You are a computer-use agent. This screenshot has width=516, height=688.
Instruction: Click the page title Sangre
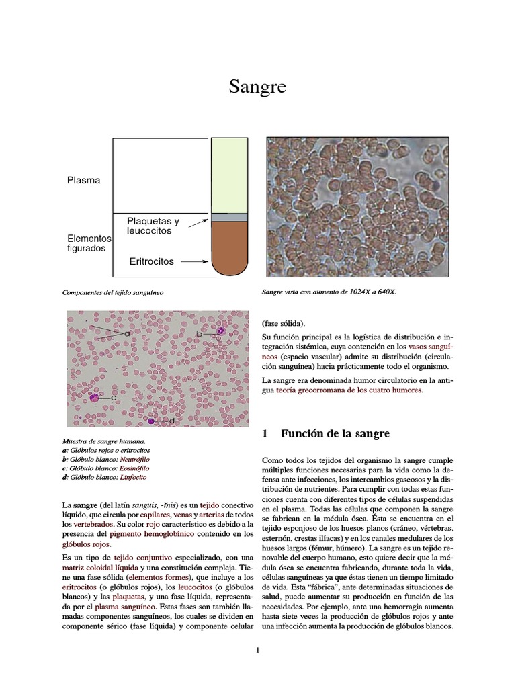[x=258, y=87]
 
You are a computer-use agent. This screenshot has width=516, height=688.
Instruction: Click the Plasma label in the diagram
[x=83, y=180]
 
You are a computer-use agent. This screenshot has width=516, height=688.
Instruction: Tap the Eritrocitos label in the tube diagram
[x=151, y=261]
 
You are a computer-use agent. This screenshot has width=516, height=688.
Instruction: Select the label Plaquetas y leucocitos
[x=153, y=226]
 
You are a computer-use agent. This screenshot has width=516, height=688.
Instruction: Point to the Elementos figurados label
[x=88, y=243]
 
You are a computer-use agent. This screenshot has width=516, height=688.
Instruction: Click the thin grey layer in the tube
[x=229, y=218]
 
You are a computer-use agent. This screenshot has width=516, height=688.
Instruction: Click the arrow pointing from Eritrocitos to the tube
[x=196, y=261]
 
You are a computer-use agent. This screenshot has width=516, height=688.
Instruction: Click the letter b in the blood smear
[x=199, y=334]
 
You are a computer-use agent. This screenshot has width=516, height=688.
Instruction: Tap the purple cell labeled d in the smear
[x=152, y=421]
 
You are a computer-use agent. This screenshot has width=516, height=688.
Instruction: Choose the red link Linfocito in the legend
[x=134, y=477]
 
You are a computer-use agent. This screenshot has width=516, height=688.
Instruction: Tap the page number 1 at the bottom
[x=257, y=650]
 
